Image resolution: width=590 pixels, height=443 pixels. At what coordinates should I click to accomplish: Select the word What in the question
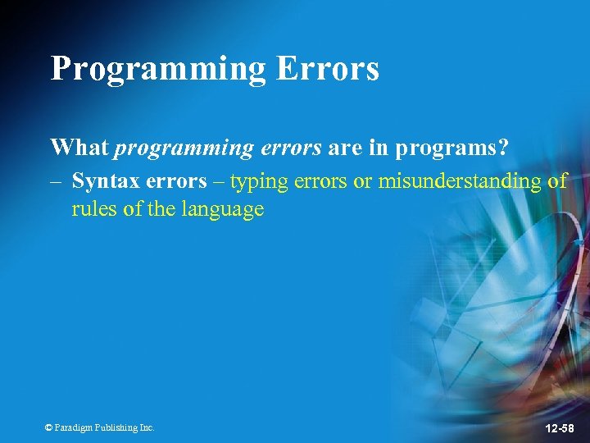click(79, 148)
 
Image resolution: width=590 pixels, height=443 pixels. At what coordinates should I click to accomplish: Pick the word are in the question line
click(345, 148)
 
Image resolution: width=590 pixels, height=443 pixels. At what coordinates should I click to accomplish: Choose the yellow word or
click(362, 181)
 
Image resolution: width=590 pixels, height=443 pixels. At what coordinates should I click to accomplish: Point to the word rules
click(93, 209)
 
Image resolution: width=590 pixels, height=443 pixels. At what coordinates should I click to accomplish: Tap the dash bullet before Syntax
click(57, 181)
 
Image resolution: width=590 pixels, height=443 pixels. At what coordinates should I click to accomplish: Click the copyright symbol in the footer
click(49, 427)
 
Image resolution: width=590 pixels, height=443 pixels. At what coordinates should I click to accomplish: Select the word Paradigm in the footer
click(72, 427)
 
